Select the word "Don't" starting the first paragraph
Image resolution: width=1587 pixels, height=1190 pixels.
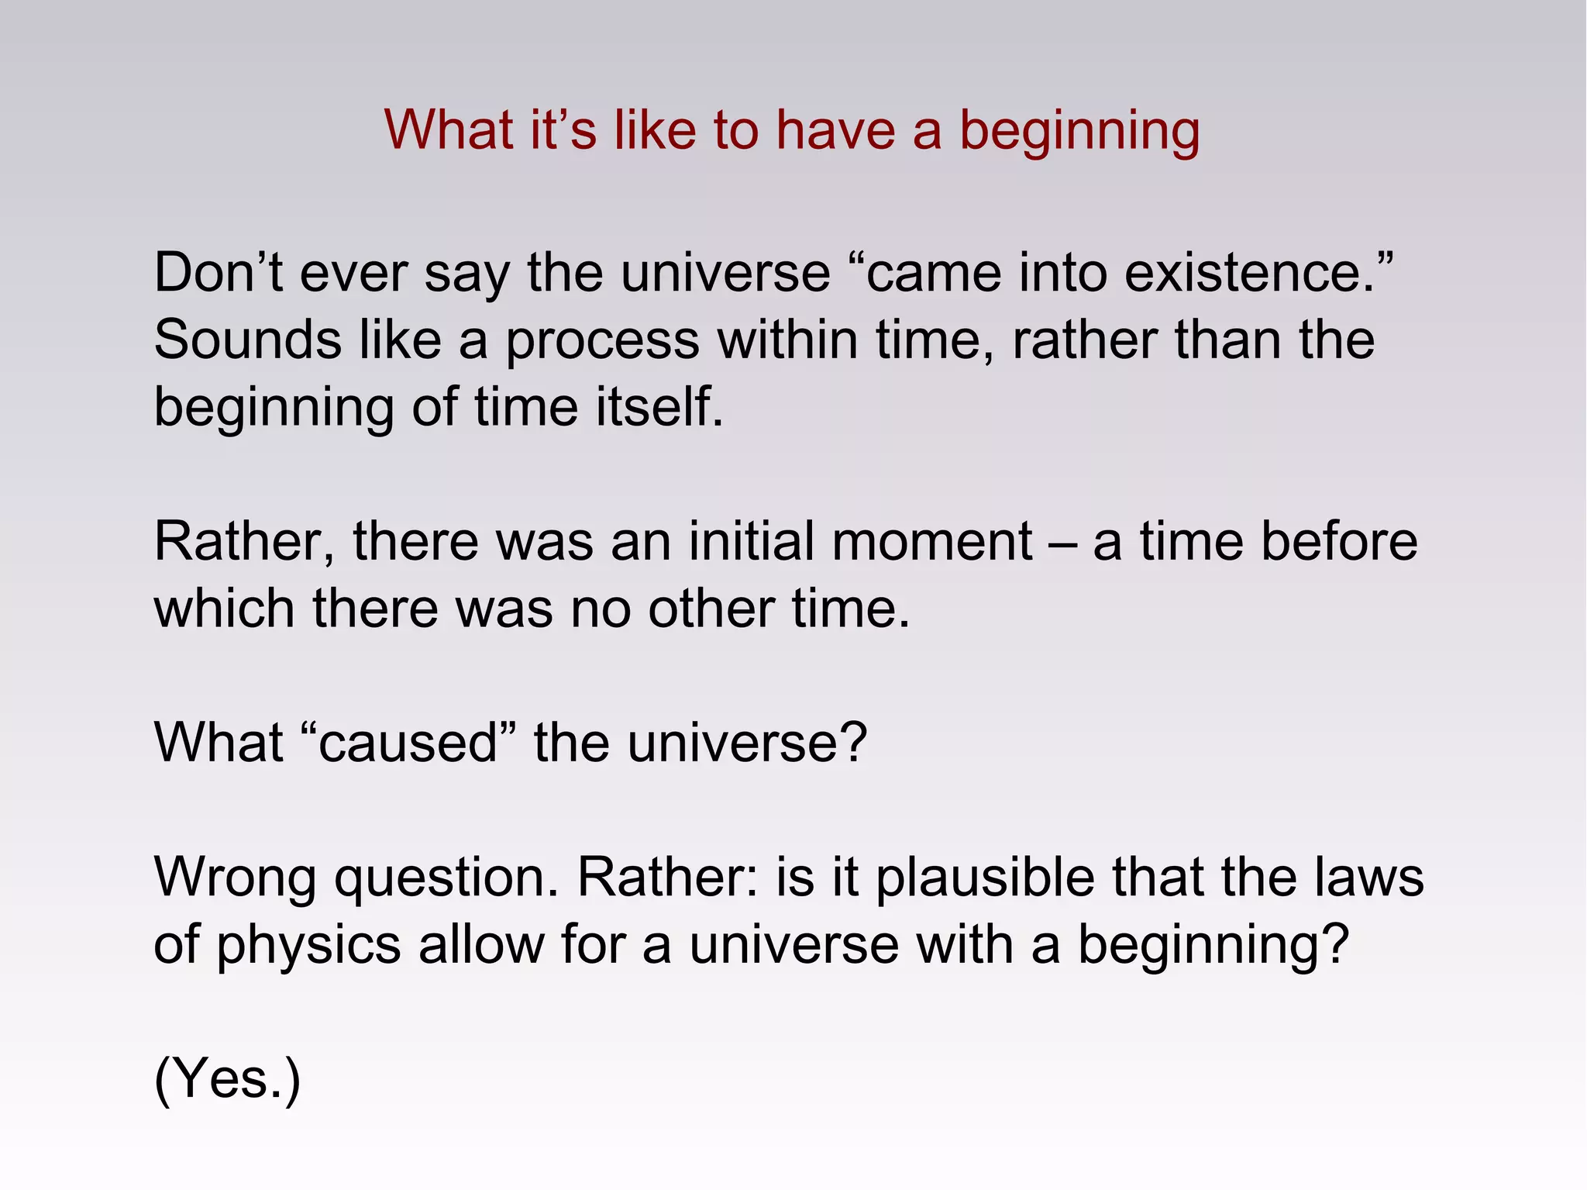point(218,273)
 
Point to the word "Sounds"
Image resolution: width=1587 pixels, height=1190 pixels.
point(247,340)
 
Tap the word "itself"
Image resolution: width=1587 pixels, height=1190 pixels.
point(659,407)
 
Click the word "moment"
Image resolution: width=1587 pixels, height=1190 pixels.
point(931,541)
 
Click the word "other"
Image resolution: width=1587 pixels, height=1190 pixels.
point(711,609)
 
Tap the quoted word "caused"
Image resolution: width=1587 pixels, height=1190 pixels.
point(408,743)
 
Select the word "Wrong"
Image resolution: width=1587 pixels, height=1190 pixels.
point(235,878)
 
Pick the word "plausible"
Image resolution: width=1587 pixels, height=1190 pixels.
point(985,879)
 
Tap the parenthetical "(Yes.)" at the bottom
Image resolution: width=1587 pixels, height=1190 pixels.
point(227,1079)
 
